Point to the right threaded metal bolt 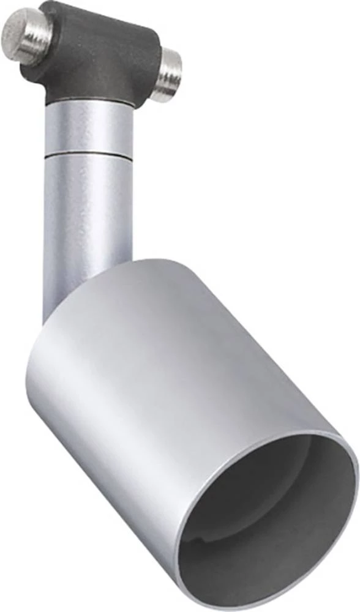(x=167, y=74)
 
